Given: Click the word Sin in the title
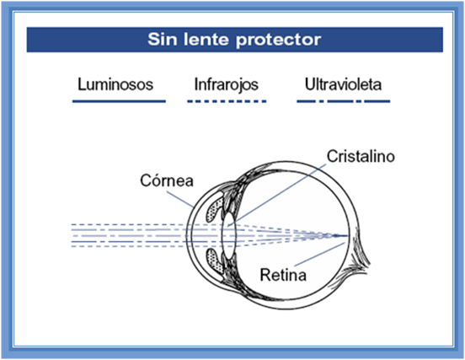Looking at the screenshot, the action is (x=163, y=39).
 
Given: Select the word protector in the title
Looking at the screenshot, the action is (x=278, y=40).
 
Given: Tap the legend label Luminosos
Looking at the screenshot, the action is (x=115, y=84).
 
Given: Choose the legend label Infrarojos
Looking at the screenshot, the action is (x=227, y=84).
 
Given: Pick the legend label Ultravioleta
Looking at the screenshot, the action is (x=343, y=84).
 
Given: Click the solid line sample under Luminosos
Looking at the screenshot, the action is (x=119, y=101).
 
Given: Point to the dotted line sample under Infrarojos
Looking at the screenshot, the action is (x=227, y=101).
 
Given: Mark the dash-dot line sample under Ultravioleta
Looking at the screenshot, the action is (x=344, y=101).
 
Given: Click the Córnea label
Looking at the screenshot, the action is (x=167, y=180).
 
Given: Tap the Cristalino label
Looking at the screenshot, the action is (x=361, y=157).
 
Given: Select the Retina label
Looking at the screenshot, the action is (x=283, y=275).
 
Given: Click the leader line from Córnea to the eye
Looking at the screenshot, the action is (x=179, y=199).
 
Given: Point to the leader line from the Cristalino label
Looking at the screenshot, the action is (x=276, y=196).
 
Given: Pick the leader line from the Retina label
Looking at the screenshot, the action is (x=320, y=255).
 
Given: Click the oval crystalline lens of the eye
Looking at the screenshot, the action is (x=228, y=236).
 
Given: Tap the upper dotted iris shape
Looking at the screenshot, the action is (x=215, y=210).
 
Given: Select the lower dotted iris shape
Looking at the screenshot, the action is (x=215, y=261).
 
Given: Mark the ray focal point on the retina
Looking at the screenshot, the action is (x=347, y=236).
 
